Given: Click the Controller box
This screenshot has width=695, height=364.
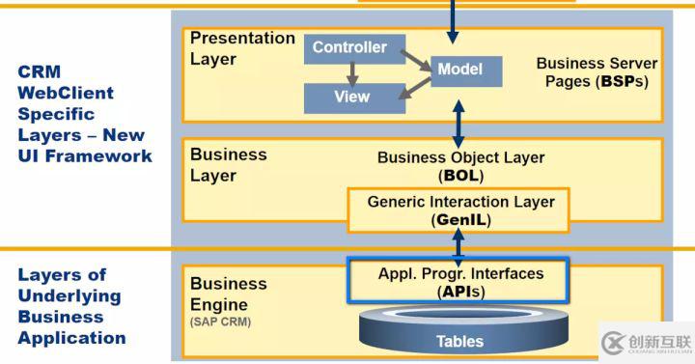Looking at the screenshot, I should pos(348,48).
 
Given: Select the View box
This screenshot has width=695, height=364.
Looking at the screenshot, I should pos(351,98).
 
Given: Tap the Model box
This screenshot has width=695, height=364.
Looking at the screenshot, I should pos(459,70).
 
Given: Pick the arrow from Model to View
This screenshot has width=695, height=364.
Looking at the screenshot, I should pos(414,87).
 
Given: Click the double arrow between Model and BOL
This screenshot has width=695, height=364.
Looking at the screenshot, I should pos(459,118).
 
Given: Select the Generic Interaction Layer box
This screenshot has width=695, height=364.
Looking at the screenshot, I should pos(459,210).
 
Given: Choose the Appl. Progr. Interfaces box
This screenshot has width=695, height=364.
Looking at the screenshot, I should pos(459,281).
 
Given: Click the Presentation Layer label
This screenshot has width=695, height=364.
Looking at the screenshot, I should pos(241,48).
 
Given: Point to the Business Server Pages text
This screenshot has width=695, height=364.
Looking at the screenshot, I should pos(596,72).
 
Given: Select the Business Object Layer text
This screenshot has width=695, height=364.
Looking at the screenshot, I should pos(459,166).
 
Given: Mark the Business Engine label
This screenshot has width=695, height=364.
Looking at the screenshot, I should pos(228,294).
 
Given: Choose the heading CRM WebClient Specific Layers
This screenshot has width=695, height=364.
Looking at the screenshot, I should pos(84,114).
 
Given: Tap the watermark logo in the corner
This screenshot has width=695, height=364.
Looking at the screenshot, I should pos(644,342).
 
